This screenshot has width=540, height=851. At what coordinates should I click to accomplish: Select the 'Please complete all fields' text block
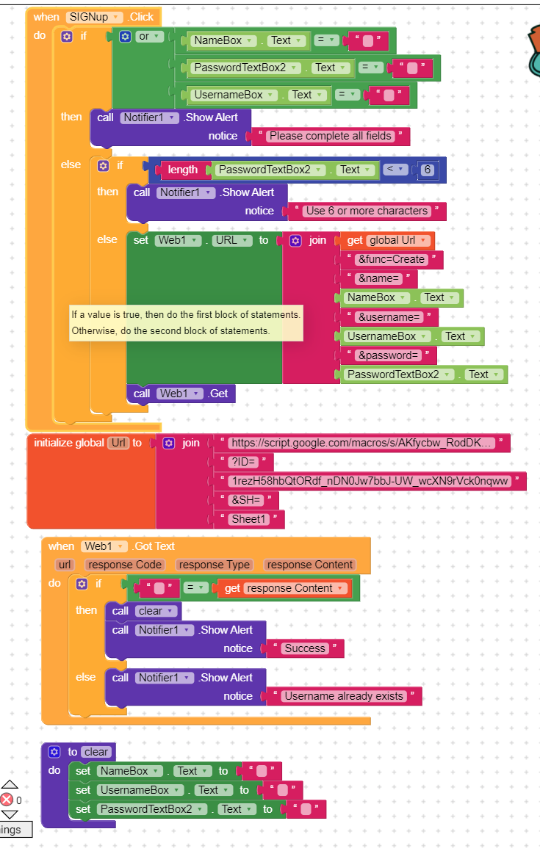331,136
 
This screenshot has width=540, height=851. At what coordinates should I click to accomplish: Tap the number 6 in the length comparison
428,170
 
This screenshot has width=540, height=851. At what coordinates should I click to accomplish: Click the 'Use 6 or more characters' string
367,211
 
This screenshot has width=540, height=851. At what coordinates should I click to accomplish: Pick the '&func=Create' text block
391,259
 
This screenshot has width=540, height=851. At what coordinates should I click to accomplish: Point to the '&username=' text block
389,317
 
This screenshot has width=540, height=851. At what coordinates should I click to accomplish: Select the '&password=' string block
389,355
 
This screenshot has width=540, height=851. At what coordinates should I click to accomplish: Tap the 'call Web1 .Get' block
181,394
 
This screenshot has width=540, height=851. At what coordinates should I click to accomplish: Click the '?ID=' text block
243,462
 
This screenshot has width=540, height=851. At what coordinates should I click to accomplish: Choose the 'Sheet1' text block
249,519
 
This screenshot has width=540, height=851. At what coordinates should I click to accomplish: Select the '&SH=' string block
245,500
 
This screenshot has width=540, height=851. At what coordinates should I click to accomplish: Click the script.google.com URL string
361,443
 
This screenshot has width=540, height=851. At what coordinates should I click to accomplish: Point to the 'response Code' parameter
125,565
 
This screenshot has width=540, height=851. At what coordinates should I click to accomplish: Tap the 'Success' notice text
305,648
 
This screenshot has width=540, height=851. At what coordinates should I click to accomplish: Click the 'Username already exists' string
344,696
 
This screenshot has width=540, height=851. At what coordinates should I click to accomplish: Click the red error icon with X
7,800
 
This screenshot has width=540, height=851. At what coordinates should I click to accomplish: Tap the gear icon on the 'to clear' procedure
54,752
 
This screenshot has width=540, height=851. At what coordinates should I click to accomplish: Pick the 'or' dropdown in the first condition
149,37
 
